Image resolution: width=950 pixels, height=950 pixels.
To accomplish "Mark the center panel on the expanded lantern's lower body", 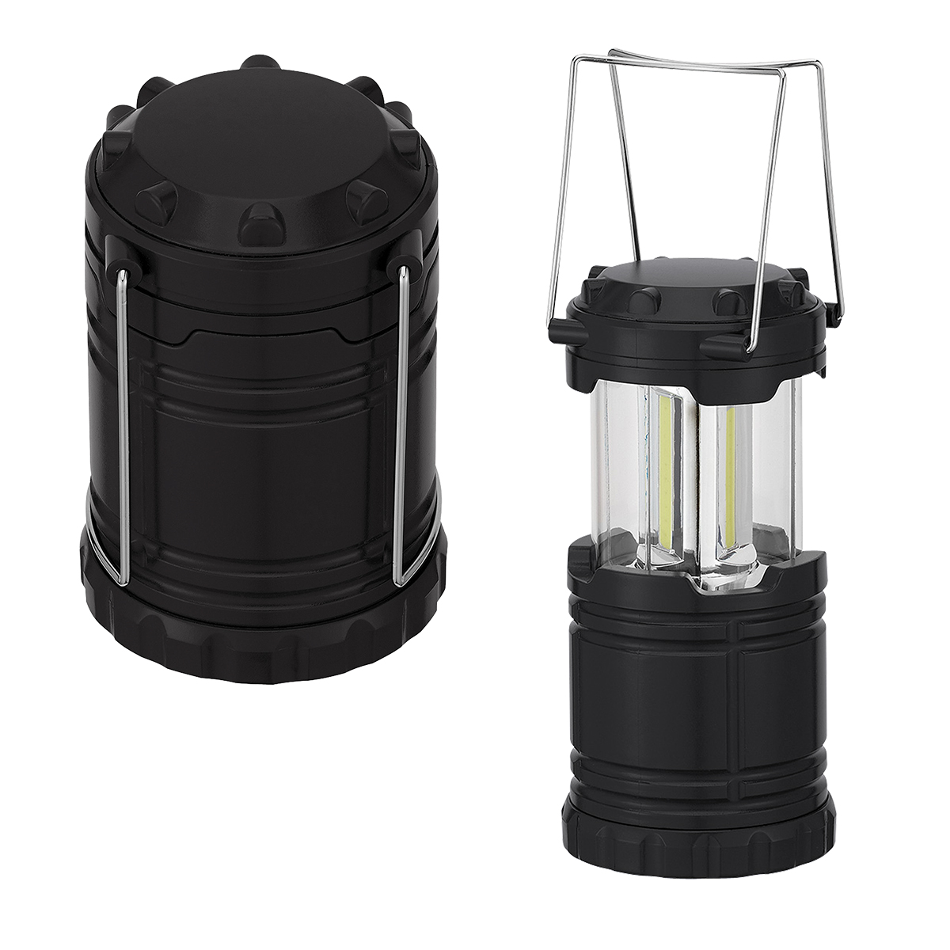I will pos(697,712).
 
